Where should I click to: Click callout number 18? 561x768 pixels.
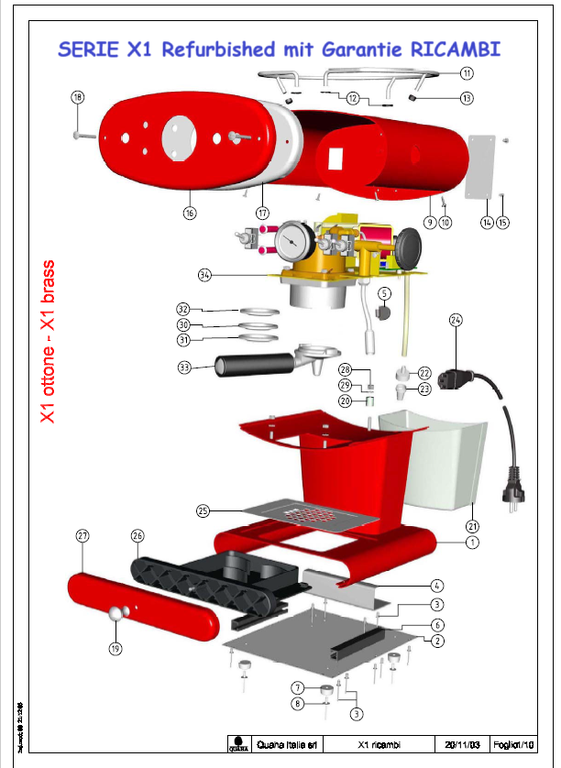click(77, 97)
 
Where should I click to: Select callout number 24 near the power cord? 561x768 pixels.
click(456, 320)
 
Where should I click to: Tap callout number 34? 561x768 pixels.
click(204, 274)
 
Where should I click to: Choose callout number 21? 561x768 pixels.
click(472, 526)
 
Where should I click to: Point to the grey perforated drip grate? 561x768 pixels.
click(312, 514)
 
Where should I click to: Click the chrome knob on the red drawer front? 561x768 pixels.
click(115, 613)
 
